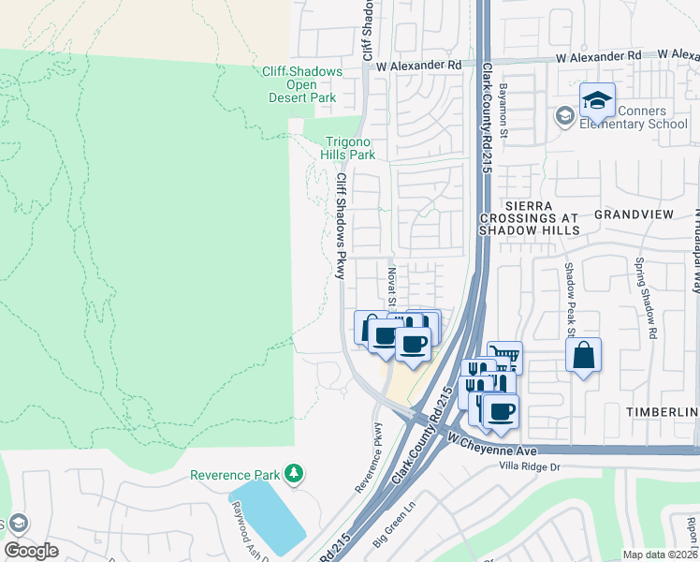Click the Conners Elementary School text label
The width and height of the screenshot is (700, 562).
[x=634, y=116]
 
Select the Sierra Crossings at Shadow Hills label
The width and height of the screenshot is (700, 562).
[x=530, y=216]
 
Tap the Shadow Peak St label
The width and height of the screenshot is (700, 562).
[x=568, y=299]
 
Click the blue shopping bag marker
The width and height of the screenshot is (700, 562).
[x=583, y=355]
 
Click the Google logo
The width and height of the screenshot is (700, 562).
[x=31, y=551]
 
